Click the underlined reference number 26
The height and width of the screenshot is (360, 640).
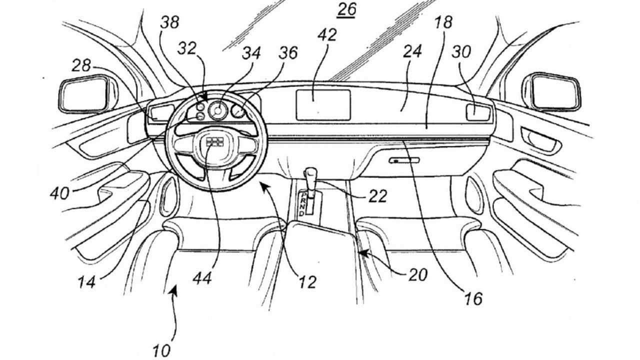point(346,10)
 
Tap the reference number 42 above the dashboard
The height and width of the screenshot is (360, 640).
point(327,35)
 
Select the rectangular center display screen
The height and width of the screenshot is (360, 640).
point(323,105)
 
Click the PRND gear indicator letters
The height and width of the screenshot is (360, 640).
point(303,204)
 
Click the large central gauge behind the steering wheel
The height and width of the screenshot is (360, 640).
point(217,111)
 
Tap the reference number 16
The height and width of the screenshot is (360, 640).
point(473,299)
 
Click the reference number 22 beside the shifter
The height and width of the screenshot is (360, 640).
point(377,196)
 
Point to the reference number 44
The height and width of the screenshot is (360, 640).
point(202,278)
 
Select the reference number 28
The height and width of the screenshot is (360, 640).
point(81,65)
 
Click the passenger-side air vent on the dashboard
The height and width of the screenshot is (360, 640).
point(477,112)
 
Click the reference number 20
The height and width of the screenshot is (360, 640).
point(417,275)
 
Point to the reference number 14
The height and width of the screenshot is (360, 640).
point(86,282)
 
